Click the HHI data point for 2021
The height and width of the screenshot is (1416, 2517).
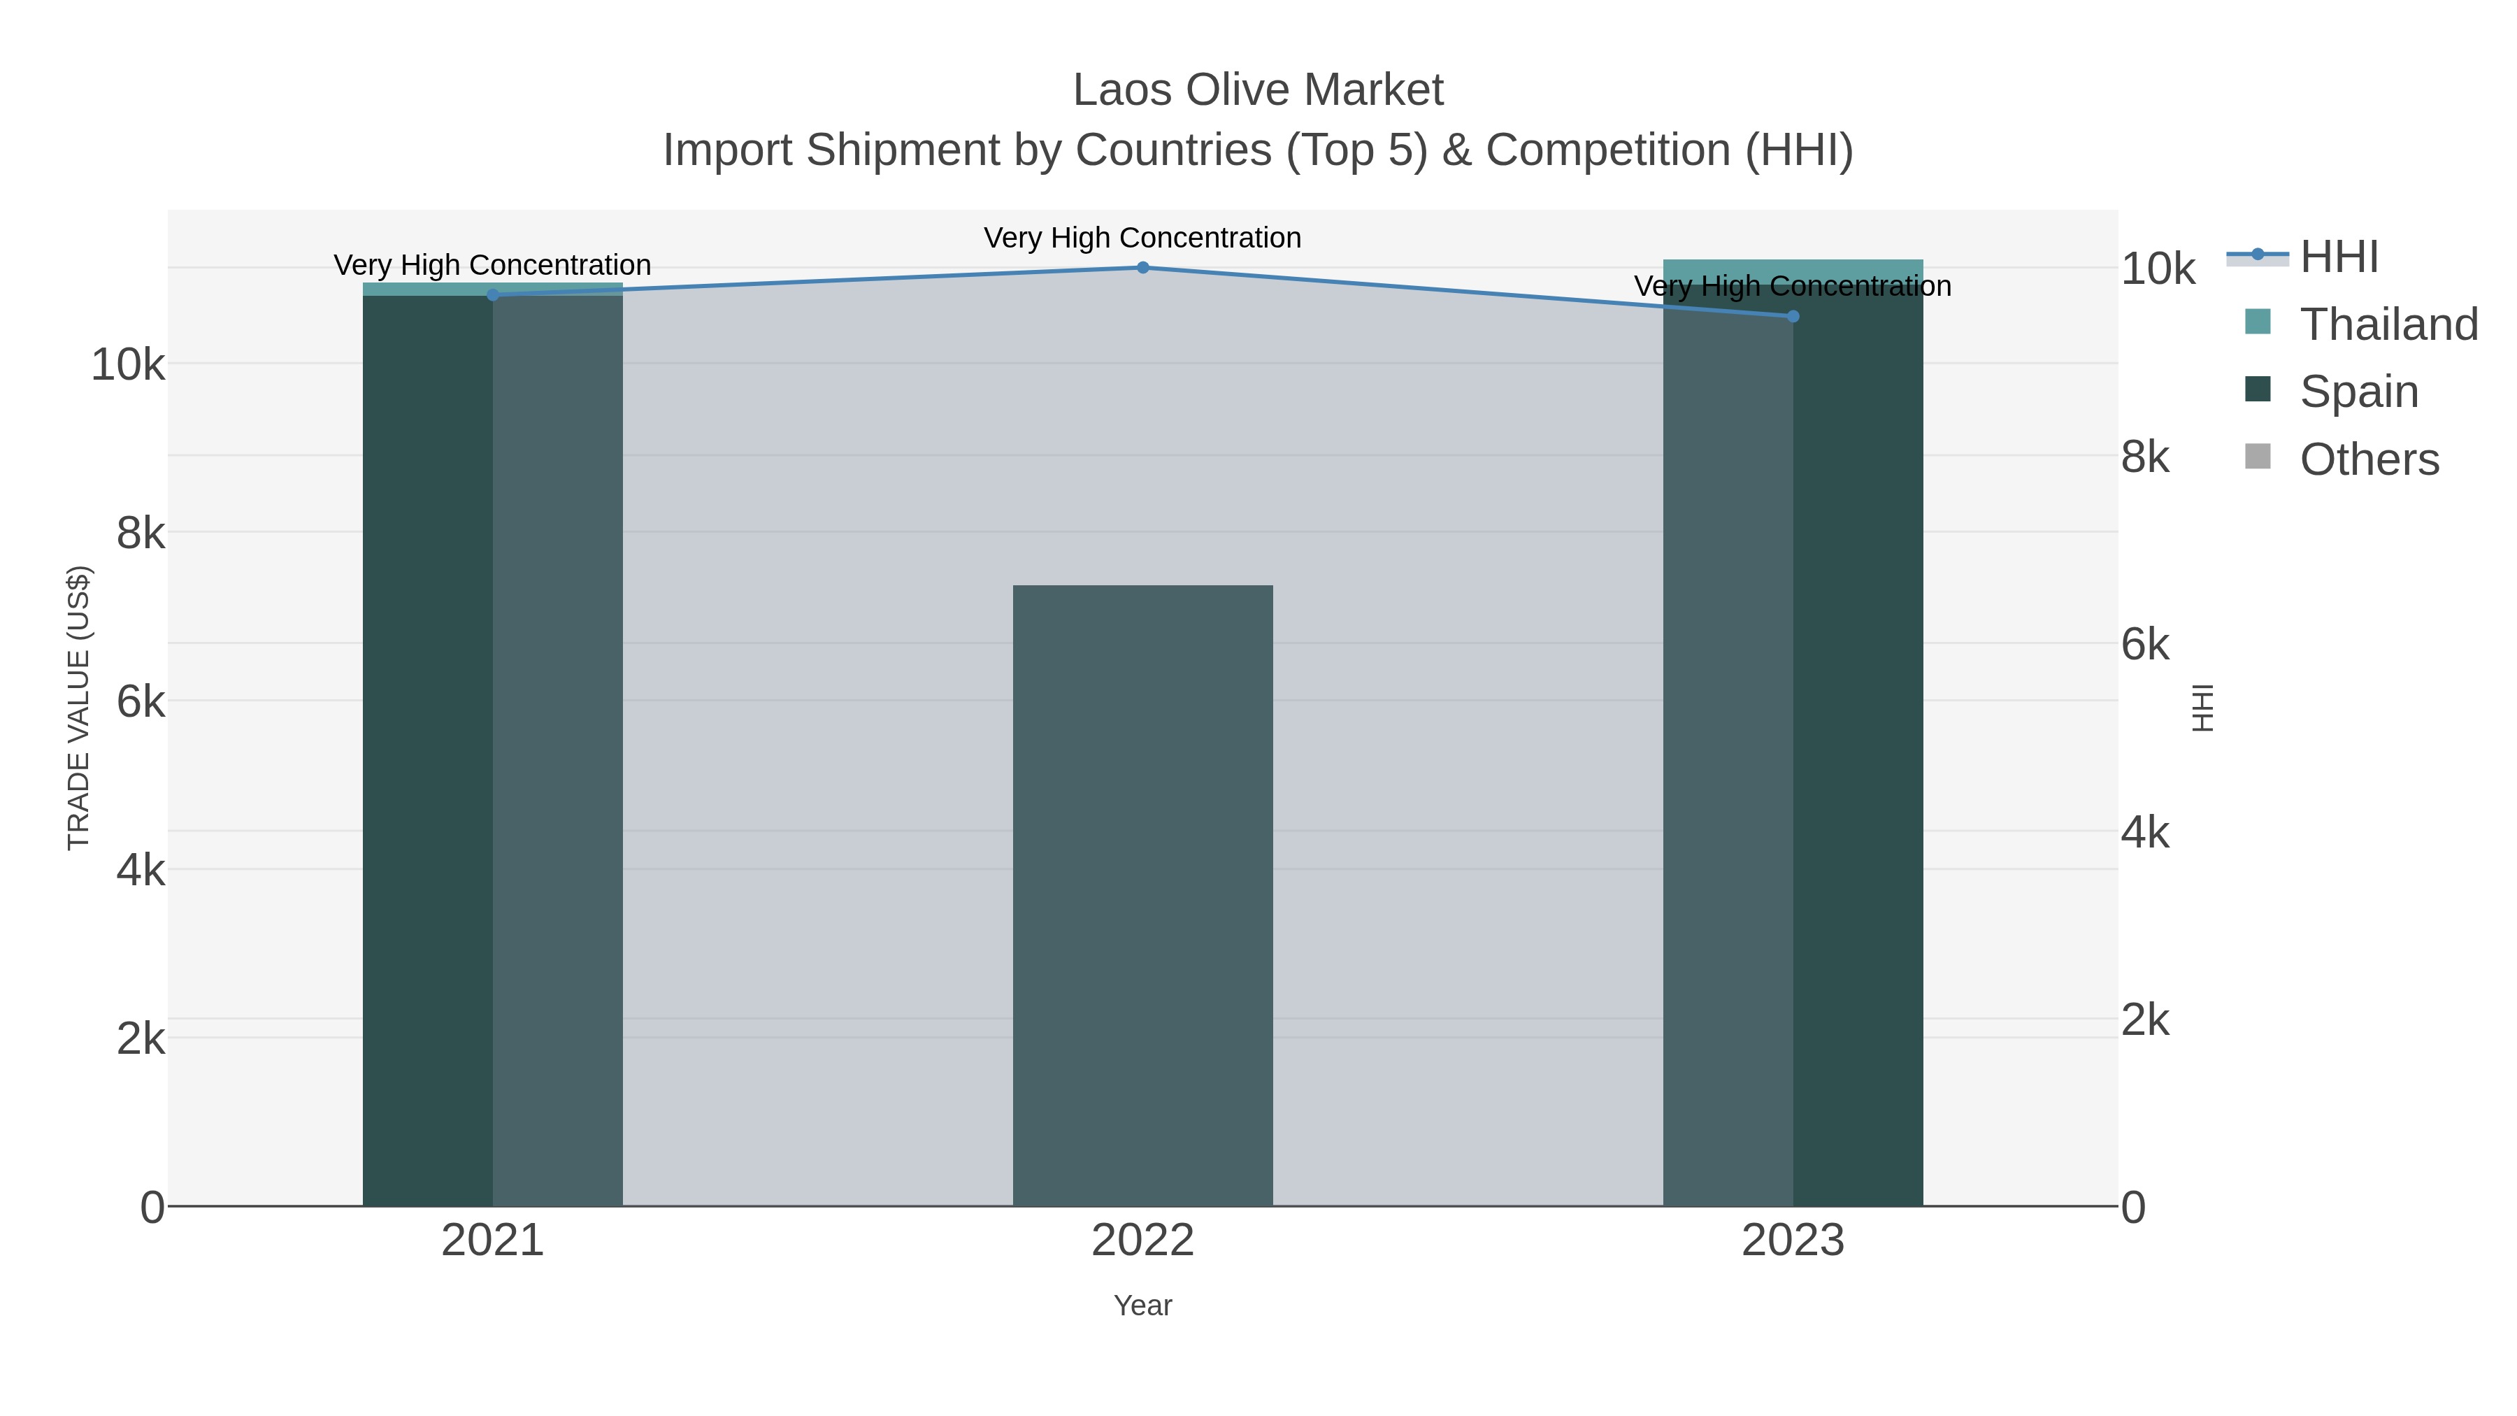pyautogui.click(x=492, y=295)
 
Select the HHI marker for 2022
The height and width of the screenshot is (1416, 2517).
pyautogui.click(x=1142, y=268)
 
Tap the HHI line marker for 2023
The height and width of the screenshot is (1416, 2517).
pyautogui.click(x=1793, y=317)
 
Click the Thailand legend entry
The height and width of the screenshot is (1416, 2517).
pyautogui.click(x=2388, y=324)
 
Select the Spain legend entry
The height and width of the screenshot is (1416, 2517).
pyautogui.click(x=2359, y=392)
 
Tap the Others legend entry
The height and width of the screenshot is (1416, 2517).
pyautogui.click(x=2369, y=459)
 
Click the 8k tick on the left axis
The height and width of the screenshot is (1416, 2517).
pyautogui.click(x=141, y=534)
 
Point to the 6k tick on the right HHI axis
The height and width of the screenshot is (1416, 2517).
pyautogui.click(x=2145, y=645)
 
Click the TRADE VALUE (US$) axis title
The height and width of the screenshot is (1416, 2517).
pyautogui.click(x=78, y=708)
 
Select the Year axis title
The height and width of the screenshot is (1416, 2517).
pyautogui.click(x=1142, y=1306)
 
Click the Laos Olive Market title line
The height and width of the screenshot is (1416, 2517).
pyautogui.click(x=1258, y=90)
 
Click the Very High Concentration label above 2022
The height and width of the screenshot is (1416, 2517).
pyautogui.click(x=1142, y=238)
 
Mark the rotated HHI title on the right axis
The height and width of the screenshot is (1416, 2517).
pyautogui.click(x=2202, y=708)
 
